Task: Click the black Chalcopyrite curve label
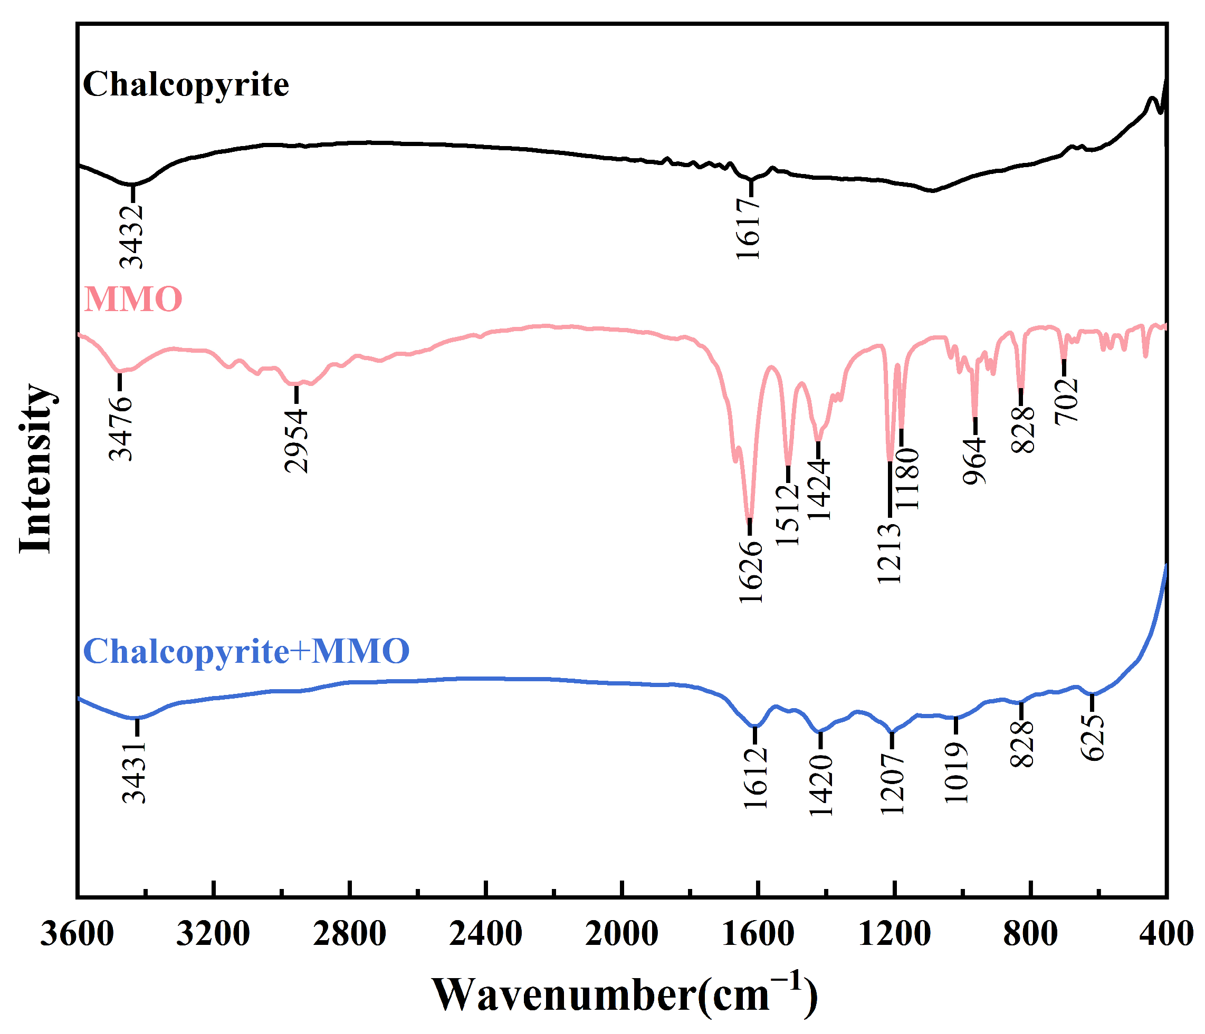point(186,85)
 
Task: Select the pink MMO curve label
point(133,299)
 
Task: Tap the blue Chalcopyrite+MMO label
point(246,651)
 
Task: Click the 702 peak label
point(1067,402)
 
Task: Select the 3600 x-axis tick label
point(77,935)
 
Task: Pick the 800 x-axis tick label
point(1030,935)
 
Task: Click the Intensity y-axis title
point(36,468)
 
